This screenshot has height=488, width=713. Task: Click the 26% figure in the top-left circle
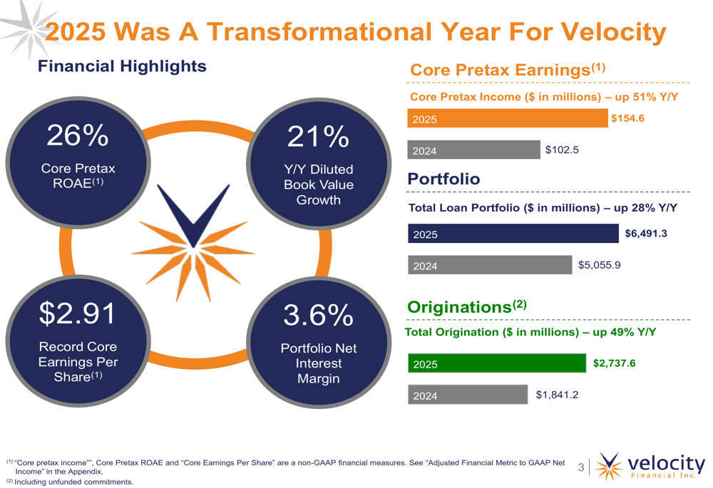click(x=78, y=135)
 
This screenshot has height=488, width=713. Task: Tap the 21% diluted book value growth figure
click(x=318, y=135)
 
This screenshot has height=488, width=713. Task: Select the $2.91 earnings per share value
click(x=78, y=313)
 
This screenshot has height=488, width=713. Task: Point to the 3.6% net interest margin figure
click(x=318, y=314)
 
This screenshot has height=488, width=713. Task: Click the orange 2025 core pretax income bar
click(x=507, y=119)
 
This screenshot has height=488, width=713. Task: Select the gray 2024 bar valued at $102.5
click(x=474, y=150)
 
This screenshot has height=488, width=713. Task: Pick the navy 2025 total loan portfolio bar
click(x=513, y=234)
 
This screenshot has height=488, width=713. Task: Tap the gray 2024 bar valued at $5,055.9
click(x=490, y=266)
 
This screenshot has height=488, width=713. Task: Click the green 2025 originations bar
click(x=496, y=364)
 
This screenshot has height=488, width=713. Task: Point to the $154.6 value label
click(x=627, y=118)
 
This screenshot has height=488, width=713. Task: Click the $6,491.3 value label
click(x=645, y=233)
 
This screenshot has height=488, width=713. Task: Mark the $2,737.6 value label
click(x=614, y=363)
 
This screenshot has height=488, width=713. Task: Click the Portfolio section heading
click(x=443, y=179)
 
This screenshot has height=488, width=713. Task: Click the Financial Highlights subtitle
click(x=122, y=66)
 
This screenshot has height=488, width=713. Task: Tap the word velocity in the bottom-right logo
click(x=667, y=461)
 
